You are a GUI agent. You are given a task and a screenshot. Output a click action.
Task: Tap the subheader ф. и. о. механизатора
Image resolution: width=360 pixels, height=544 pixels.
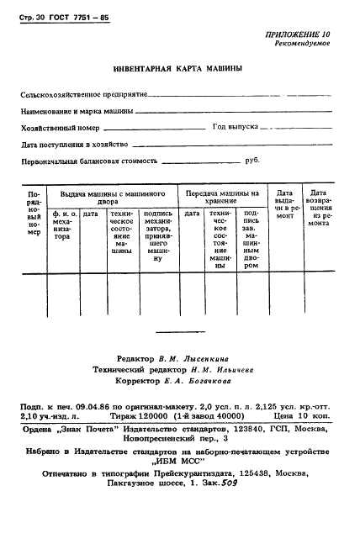(x=64, y=225)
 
